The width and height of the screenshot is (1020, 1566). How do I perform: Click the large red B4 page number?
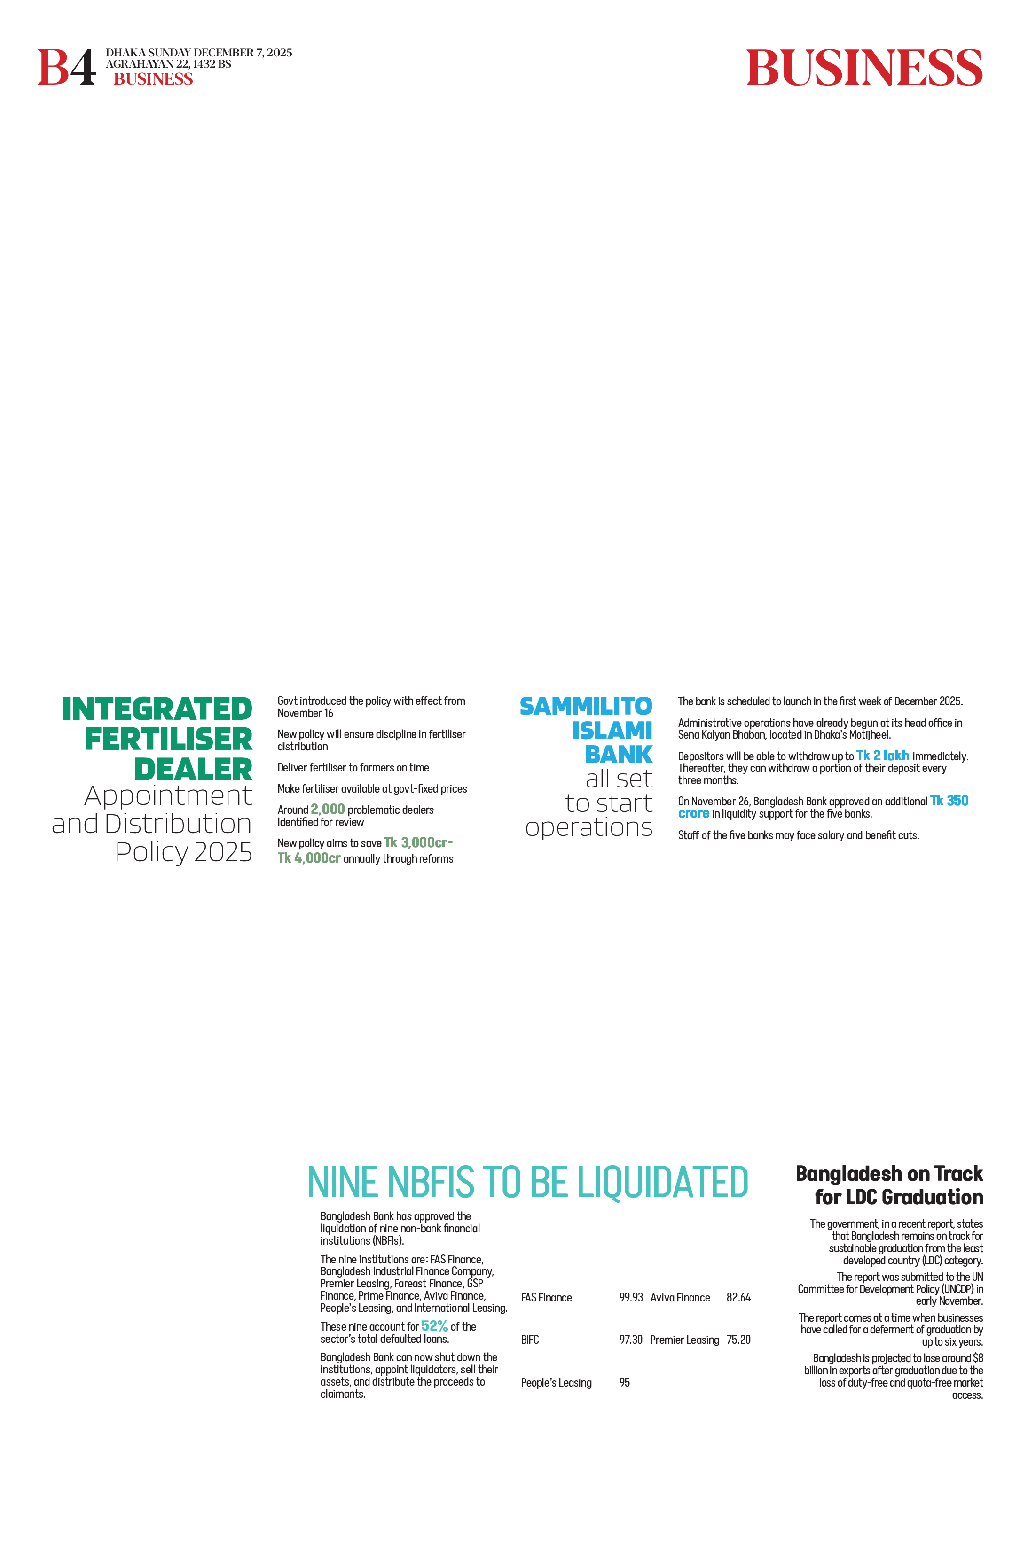[x=66, y=67]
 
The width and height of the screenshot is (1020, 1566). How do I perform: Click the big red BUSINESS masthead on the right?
[x=864, y=68]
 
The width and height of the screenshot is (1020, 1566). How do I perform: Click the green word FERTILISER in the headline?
[x=168, y=739]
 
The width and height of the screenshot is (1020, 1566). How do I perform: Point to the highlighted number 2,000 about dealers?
[x=328, y=810]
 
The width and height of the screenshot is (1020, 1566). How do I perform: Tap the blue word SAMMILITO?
[x=586, y=707]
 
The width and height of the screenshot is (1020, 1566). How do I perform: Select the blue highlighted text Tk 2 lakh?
[x=882, y=756]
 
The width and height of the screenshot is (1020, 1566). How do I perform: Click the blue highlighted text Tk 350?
[x=949, y=801]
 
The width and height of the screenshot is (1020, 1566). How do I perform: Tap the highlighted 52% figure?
[x=434, y=1326]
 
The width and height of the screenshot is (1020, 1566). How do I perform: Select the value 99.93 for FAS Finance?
[x=630, y=1298]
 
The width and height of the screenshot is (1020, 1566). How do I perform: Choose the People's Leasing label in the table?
[x=556, y=1382]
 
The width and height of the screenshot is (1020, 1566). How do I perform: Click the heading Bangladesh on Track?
[x=889, y=1173]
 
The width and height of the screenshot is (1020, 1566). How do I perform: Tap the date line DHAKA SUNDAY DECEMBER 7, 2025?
[x=199, y=53]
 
